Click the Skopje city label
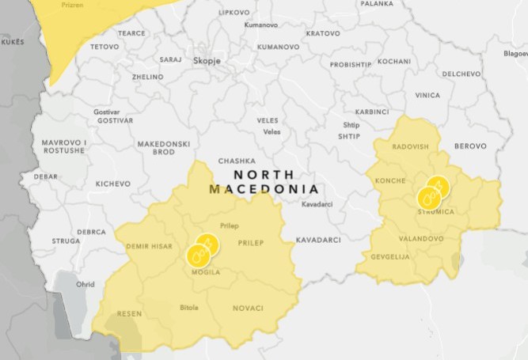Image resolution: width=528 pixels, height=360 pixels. click(207, 60)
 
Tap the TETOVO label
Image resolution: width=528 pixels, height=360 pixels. click(104, 47)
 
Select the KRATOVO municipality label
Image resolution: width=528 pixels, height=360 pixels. click(322, 33)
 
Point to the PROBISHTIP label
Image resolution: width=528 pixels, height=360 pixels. click(350, 65)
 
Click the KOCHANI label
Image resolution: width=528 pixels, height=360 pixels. click(393, 61)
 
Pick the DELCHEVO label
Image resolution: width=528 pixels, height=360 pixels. click(461, 74)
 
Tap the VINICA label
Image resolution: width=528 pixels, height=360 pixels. click(427, 95)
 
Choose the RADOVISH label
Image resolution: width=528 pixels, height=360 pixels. click(409, 146)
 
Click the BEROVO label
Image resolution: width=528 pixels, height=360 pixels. click(469, 146)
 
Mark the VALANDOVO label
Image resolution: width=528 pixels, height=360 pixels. click(420, 237)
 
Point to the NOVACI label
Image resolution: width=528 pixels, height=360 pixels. click(248, 308)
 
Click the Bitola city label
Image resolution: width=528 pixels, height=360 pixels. click(189, 307)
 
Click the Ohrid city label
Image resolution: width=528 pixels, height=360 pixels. click(85, 285)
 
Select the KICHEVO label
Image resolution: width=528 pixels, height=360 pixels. click(112, 184)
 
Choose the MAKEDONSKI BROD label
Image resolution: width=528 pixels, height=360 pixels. click(164, 148)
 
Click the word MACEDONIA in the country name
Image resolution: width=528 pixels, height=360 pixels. click(264, 189)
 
